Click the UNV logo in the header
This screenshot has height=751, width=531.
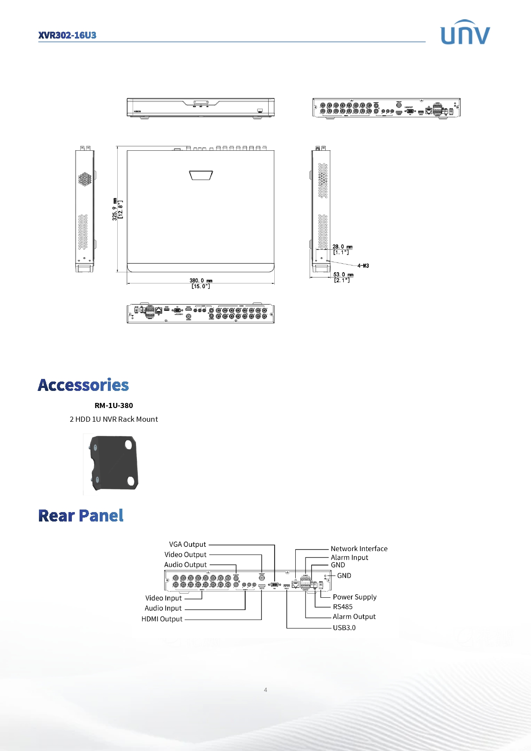pyautogui.click(x=465, y=33)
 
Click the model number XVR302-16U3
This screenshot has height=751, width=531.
pyautogui.click(x=67, y=35)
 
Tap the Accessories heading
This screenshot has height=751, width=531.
pyautogui.click(x=83, y=385)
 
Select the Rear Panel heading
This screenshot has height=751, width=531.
pyautogui.click(x=81, y=516)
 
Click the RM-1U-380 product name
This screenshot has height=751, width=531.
pyautogui.click(x=114, y=405)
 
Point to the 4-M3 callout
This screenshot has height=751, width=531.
pyautogui.click(x=363, y=266)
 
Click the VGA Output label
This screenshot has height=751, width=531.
pyautogui.click(x=187, y=544)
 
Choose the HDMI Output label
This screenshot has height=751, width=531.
pyautogui.click(x=162, y=619)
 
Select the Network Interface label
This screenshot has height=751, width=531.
pyautogui.click(x=359, y=548)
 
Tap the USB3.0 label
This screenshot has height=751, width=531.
pyautogui.click(x=344, y=628)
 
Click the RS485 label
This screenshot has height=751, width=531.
pyautogui.click(x=343, y=607)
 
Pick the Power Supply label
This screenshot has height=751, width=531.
pyautogui.click(x=355, y=597)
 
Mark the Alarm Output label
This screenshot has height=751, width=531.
pyautogui.click(x=354, y=617)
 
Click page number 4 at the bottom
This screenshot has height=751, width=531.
pyautogui.click(x=265, y=690)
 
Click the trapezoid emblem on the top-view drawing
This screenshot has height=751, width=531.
pyautogui.click(x=201, y=175)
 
